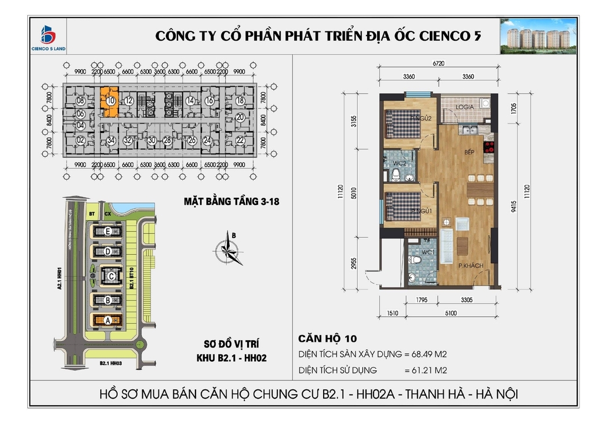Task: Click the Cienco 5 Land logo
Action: pyautogui.click(x=48, y=37)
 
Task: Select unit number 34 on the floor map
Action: pyautogui.click(x=110, y=140)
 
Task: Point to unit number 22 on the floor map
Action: pyautogui.click(x=240, y=140)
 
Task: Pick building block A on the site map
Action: pyautogui.click(x=107, y=320)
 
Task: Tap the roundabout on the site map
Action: pyautogui.click(x=139, y=346)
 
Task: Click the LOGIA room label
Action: pyautogui.click(x=465, y=107)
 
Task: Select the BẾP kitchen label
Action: pyautogui.click(x=469, y=153)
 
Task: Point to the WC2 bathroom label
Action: pyautogui.click(x=399, y=163)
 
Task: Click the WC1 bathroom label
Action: pyautogui.click(x=428, y=253)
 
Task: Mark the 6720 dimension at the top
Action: pyautogui.click(x=439, y=64)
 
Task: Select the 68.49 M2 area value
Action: pyautogui.click(x=429, y=354)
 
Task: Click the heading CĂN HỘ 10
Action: pyautogui.click(x=327, y=338)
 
